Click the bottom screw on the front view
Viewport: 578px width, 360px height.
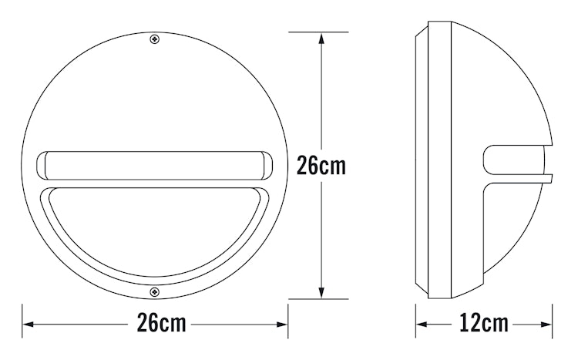(155, 292)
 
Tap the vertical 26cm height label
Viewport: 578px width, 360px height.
(321, 166)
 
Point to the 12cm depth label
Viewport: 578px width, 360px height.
(484, 323)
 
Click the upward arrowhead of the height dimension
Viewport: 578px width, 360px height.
(320, 37)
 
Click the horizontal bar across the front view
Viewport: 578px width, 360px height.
(154, 165)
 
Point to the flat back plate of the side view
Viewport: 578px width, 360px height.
(421, 166)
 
